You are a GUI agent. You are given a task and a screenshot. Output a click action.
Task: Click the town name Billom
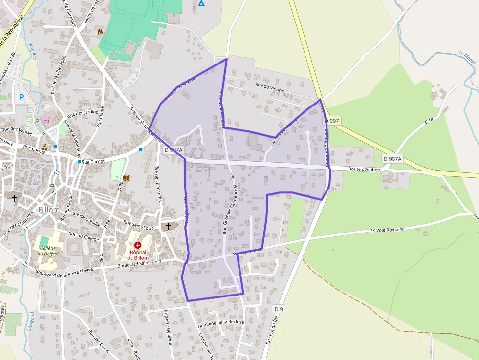(x=48, y=210)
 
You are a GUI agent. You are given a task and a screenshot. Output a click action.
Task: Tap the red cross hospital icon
(x=137, y=245)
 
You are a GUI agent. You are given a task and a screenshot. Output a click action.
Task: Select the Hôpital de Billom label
(x=137, y=254)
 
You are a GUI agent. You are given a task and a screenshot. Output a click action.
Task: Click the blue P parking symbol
(x=21, y=97)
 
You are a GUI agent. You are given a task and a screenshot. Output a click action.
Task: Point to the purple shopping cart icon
(x=46, y=119)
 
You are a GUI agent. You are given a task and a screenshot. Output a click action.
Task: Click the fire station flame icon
(x=100, y=32)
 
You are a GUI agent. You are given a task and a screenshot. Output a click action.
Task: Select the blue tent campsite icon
(x=201, y=2)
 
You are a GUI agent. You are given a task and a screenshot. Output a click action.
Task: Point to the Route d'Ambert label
(x=364, y=169)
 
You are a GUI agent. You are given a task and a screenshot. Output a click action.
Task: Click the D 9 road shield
(x=279, y=309)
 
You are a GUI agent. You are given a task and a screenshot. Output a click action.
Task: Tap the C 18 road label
(x=429, y=120)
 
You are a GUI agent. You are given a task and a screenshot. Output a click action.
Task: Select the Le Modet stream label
(x=467, y=58)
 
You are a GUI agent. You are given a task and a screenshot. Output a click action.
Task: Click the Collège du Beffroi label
(x=48, y=251)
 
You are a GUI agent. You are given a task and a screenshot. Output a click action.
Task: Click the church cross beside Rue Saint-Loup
(x=169, y=226)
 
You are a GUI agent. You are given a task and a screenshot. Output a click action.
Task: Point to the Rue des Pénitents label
(x=158, y=183)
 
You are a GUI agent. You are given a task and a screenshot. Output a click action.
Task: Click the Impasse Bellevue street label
(x=168, y=327)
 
